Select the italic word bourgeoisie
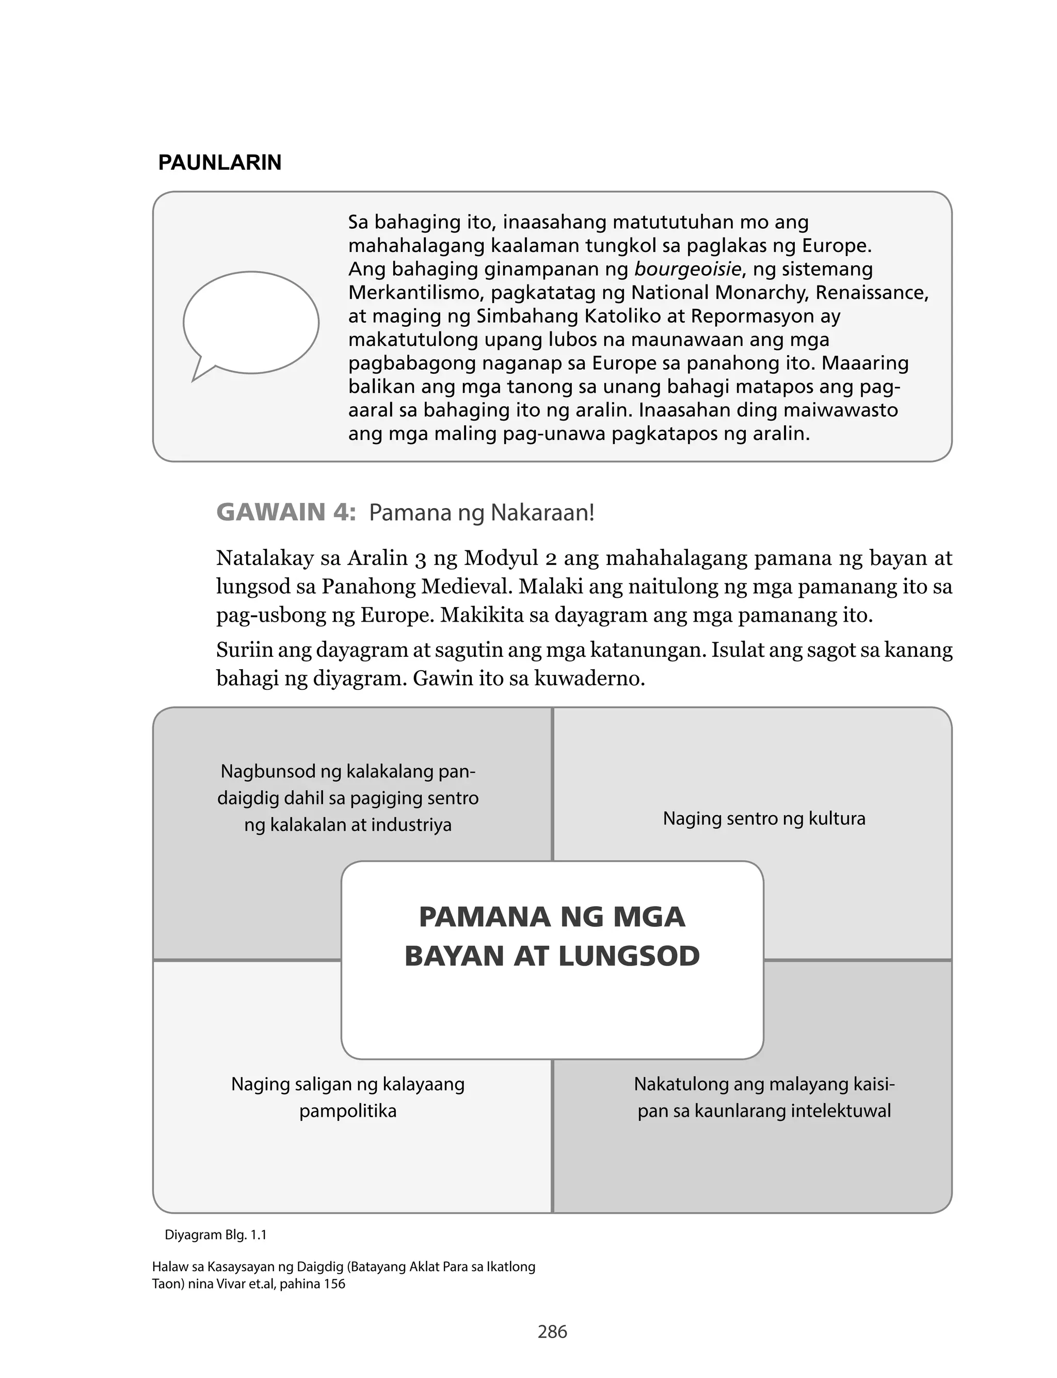[687, 270]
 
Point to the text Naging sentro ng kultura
[764, 818]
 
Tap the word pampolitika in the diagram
[348, 1111]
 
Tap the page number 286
[552, 1332]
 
